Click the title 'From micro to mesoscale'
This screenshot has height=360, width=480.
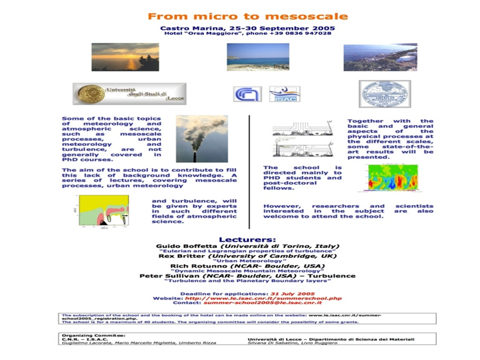pos(247,16)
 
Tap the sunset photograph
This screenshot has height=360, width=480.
pos(125,57)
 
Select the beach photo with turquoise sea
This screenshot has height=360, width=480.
pos(257,57)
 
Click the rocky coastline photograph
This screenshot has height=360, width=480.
pos(380,57)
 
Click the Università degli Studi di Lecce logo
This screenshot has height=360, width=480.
pos(129,94)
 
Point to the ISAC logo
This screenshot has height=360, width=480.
pos(285,93)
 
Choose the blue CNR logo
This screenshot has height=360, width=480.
pos(247,93)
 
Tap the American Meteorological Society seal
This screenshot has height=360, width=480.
pos(384,94)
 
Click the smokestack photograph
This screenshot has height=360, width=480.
pos(201,138)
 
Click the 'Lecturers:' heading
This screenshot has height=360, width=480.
pos(247,239)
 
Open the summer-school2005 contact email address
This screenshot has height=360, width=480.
pos(262,302)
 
